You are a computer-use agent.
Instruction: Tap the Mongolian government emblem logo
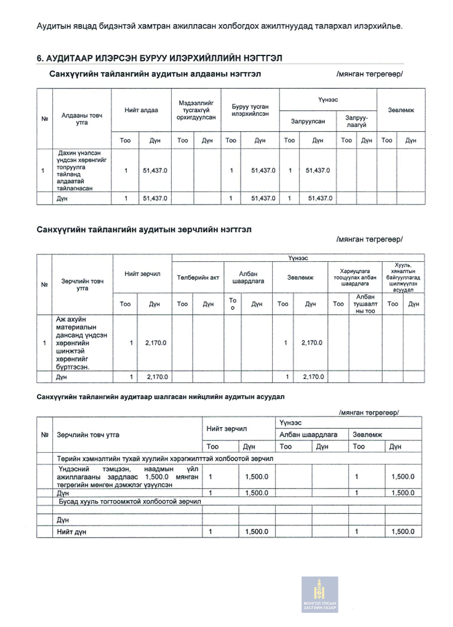pos(319,594)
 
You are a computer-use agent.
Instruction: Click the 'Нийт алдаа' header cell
pos(141,110)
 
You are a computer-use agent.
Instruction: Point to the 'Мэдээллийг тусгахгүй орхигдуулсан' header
pos(196,110)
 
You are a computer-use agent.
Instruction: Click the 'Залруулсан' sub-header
pos(308,121)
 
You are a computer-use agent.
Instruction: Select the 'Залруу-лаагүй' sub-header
pos(356,121)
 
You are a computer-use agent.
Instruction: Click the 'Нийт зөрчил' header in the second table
pos(142,273)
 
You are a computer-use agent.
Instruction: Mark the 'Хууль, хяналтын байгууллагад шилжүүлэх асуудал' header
pos(403,277)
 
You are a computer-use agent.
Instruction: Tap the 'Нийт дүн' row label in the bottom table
pos(71,532)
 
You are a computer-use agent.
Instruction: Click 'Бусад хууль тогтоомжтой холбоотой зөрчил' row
pos(130,501)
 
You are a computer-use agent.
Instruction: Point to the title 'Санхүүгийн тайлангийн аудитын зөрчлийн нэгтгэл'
pos(144,229)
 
